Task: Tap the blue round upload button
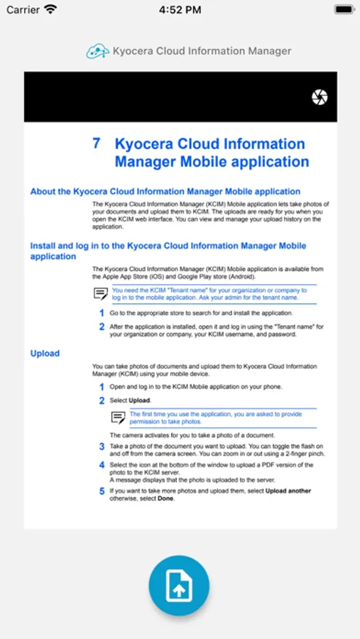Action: (179, 586)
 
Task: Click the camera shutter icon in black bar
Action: (320, 97)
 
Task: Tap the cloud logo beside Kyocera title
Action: (98, 51)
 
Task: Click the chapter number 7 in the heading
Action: (96, 143)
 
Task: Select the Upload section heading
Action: (45, 354)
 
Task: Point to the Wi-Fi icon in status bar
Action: (50, 10)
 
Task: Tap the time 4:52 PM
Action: (180, 10)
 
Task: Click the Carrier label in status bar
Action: (23, 10)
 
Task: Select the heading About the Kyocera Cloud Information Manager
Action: (165, 192)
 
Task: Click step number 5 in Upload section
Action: (102, 491)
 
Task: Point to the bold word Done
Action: (165, 498)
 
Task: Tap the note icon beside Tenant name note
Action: (101, 294)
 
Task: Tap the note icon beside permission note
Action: (118, 417)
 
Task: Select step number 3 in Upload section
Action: (102, 447)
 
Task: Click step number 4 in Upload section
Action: (102, 465)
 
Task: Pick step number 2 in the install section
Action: (102, 327)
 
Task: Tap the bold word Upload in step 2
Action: (139, 401)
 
